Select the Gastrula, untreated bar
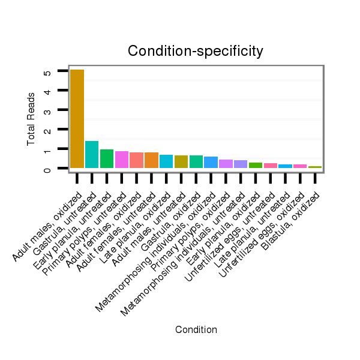(x=92, y=154)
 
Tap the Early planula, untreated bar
(x=107, y=158)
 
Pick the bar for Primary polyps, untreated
(x=122, y=160)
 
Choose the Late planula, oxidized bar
(x=166, y=161)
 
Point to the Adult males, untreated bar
(x=181, y=162)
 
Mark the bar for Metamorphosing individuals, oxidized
(x=211, y=163)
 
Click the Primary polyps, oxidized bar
(x=226, y=164)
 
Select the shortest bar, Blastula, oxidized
(x=315, y=167)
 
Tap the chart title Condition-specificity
(x=196, y=52)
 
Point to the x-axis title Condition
(x=196, y=329)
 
